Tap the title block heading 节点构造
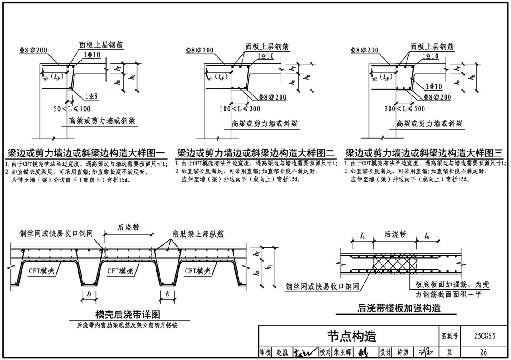coord(351,336)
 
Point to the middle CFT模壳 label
coord(120,271)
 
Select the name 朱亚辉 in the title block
coord(343,352)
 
